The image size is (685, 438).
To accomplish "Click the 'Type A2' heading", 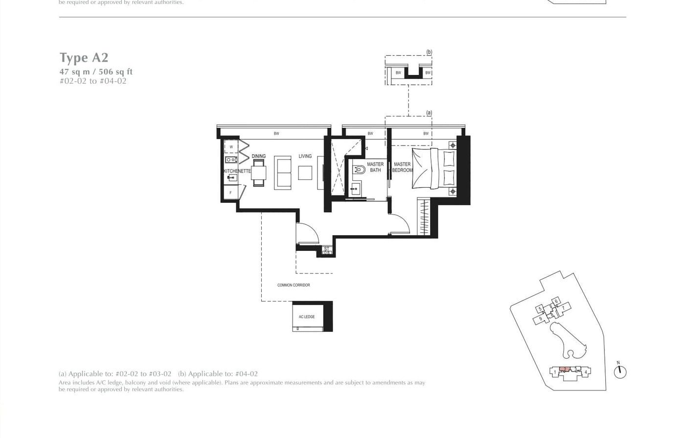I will (84, 58).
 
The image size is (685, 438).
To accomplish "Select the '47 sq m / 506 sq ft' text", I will (96, 72).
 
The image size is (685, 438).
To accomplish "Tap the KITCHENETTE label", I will (237, 171).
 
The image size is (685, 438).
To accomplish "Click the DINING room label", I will (259, 156).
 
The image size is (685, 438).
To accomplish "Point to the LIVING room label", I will (305, 156).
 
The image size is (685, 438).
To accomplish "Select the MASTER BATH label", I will (375, 167).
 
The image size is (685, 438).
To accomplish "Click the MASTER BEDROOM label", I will (402, 167).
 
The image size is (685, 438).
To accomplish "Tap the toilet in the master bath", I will (359, 170).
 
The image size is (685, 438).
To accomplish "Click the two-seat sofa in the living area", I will (282, 173).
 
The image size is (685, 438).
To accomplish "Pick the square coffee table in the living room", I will (305, 173).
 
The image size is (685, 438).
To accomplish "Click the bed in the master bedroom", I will (434, 168).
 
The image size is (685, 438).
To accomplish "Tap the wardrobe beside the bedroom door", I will (424, 216).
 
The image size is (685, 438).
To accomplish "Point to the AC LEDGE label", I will (307, 317).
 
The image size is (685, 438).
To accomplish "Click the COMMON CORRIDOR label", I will (294, 285).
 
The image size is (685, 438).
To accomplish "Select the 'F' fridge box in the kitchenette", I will (231, 193).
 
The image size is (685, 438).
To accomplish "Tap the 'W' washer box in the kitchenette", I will (231, 146).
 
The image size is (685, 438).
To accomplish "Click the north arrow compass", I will (620, 371).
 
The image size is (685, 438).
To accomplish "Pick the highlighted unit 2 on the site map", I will (565, 369).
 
